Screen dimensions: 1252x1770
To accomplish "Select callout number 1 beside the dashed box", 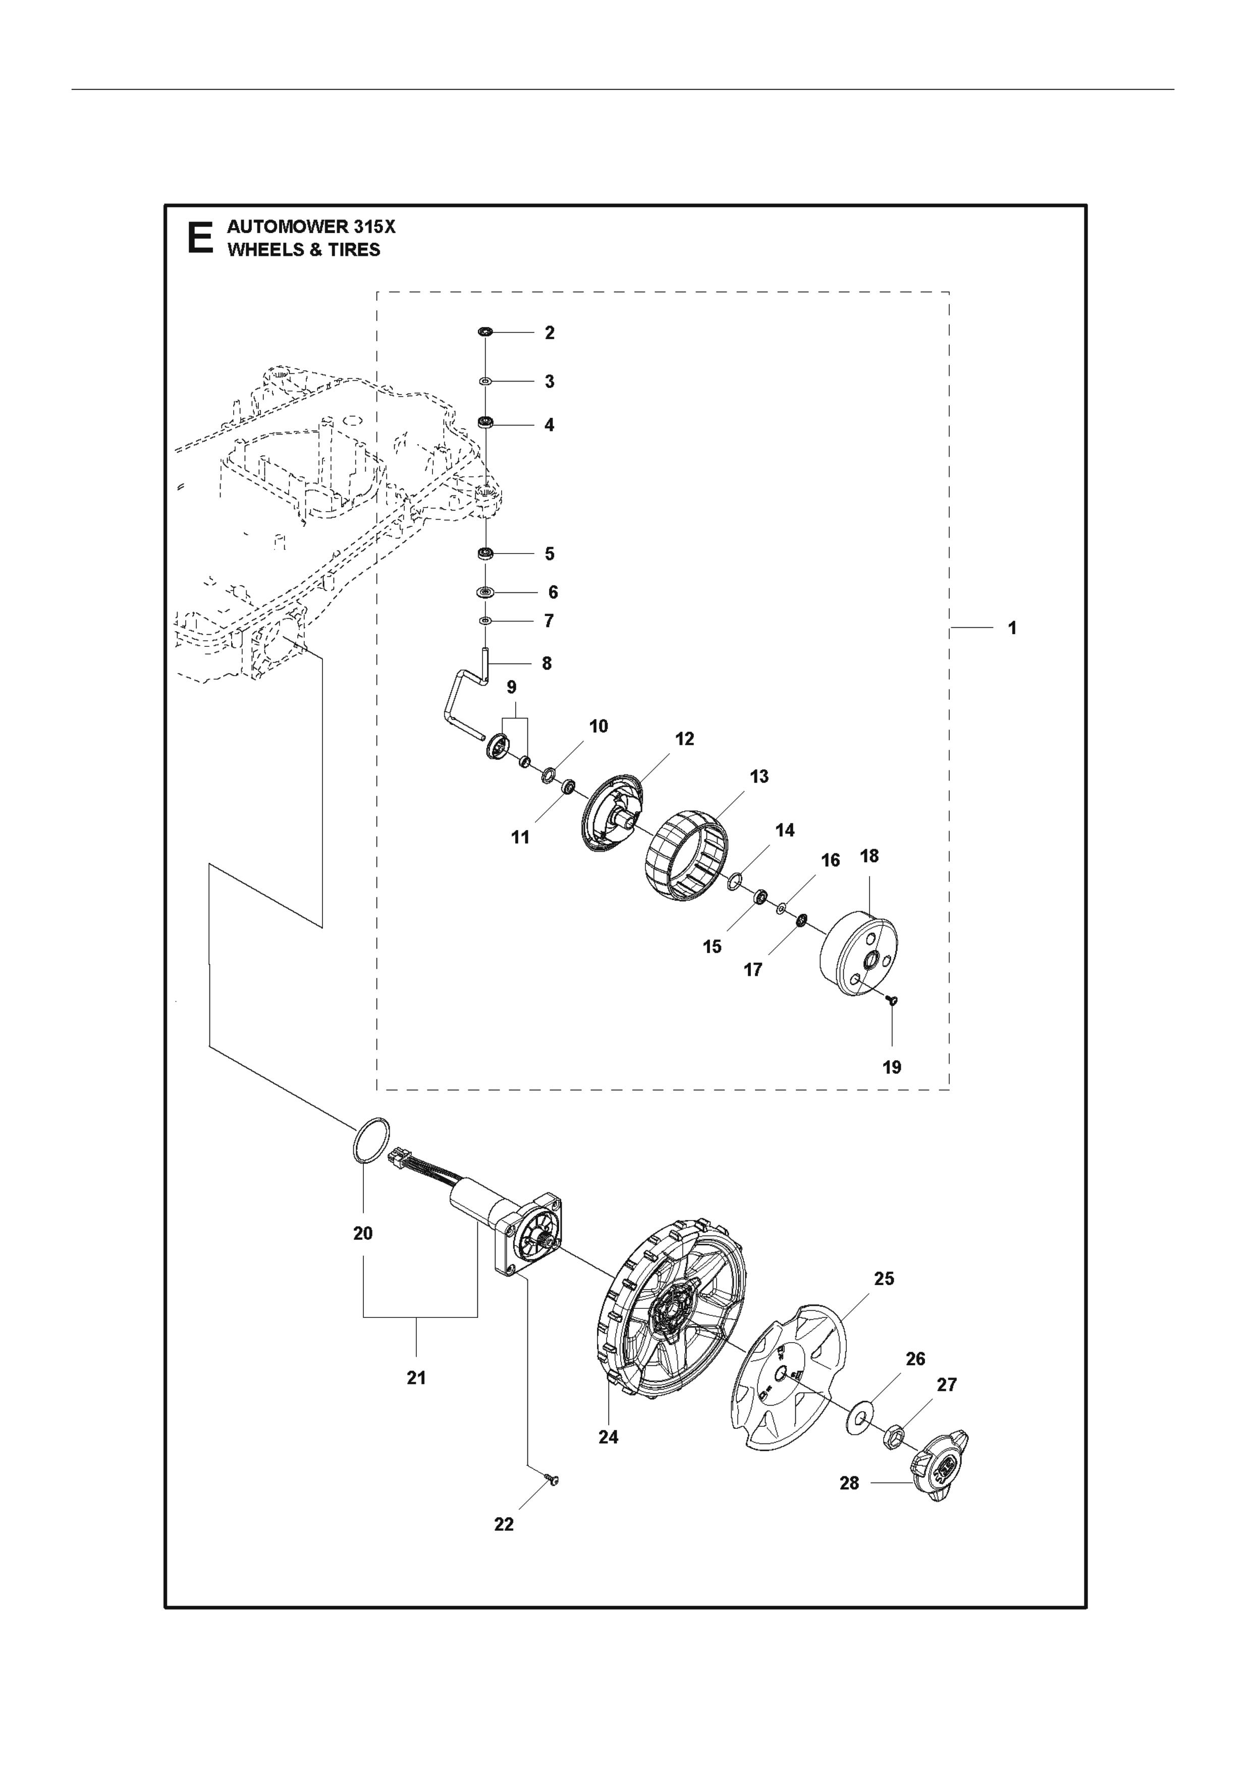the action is point(1012,628).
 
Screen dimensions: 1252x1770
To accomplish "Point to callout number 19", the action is point(892,1067).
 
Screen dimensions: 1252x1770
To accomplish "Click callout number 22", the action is point(504,1524).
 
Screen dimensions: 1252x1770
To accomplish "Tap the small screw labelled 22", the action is point(551,1478).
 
